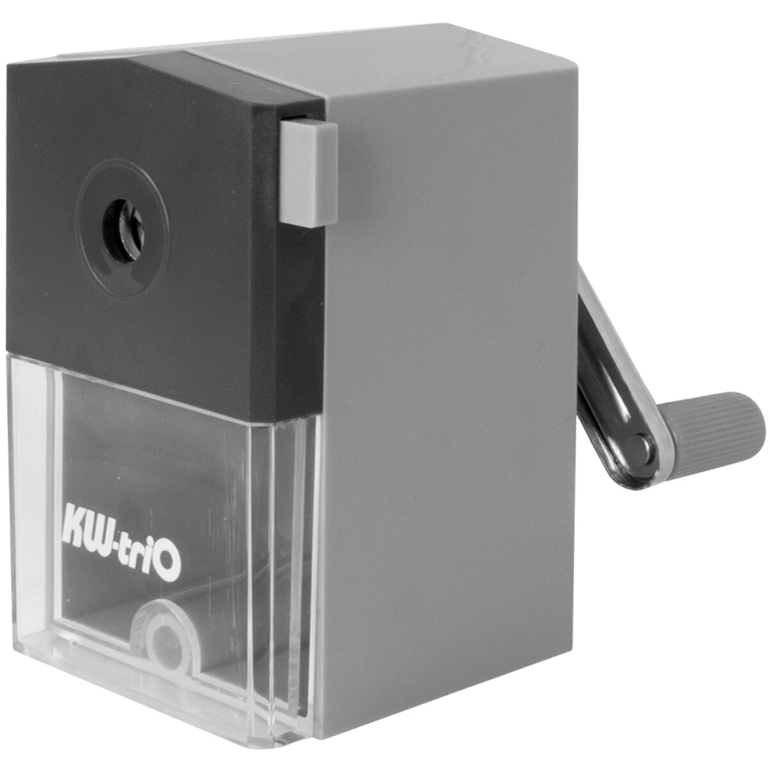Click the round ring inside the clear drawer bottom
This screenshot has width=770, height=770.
[166, 635]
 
